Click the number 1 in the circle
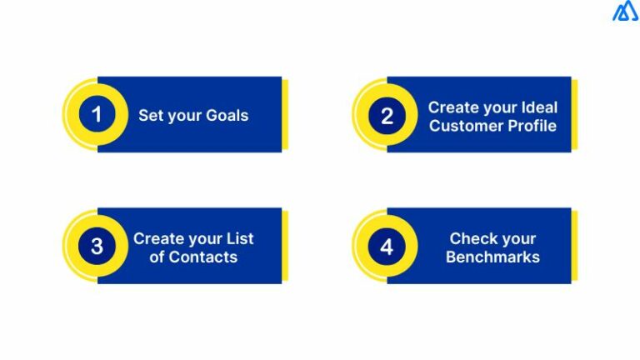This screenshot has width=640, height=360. (x=97, y=115)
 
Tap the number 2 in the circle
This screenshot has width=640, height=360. (x=386, y=116)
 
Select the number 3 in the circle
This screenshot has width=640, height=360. (x=97, y=247)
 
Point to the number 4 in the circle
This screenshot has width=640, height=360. (x=386, y=247)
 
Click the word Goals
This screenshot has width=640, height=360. (x=226, y=115)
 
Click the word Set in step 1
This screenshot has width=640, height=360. (x=150, y=115)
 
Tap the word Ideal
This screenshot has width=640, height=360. (x=538, y=107)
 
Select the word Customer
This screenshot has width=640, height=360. (x=462, y=126)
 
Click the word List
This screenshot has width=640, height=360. (x=239, y=238)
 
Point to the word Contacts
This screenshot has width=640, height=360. (x=203, y=257)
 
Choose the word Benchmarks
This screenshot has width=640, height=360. (x=492, y=257)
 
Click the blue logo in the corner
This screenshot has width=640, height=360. (x=624, y=12)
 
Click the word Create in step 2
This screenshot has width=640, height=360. (x=452, y=107)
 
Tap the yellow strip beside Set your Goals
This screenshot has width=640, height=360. (x=285, y=114)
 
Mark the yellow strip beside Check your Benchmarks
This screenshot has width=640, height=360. (x=574, y=246)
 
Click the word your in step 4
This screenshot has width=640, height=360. (x=517, y=238)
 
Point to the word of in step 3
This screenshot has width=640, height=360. (x=157, y=257)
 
